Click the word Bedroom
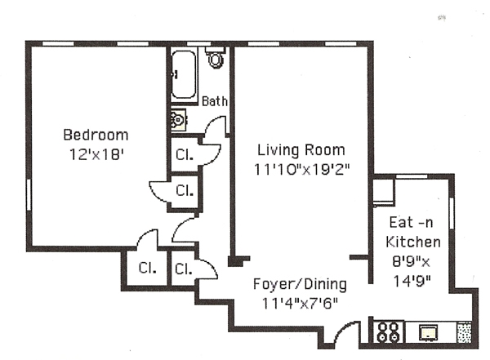pos(96,135)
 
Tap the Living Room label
pos(301,149)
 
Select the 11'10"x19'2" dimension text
pos(301,169)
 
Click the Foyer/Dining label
pos(300,284)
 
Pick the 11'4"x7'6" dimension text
pos(300,303)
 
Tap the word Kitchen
pos(412,242)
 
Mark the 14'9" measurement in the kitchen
pos(412,281)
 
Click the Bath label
pos(214,101)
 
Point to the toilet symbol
pos(216,57)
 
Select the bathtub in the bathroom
pos(184,74)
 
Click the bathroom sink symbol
pos(178,119)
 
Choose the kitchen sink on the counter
pos(428,332)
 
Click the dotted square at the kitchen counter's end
pos(464,331)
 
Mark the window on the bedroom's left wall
pos(29,194)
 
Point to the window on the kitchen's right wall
pos(452,213)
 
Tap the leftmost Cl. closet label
pos(147,268)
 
